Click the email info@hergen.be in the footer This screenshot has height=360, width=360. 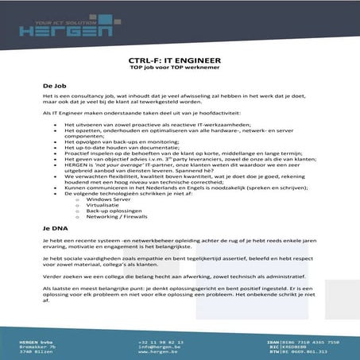[x=156, y=346]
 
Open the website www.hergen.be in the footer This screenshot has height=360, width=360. [x=156, y=352]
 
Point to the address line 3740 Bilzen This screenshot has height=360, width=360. [x=37, y=352]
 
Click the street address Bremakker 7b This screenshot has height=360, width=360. [x=38, y=346]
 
